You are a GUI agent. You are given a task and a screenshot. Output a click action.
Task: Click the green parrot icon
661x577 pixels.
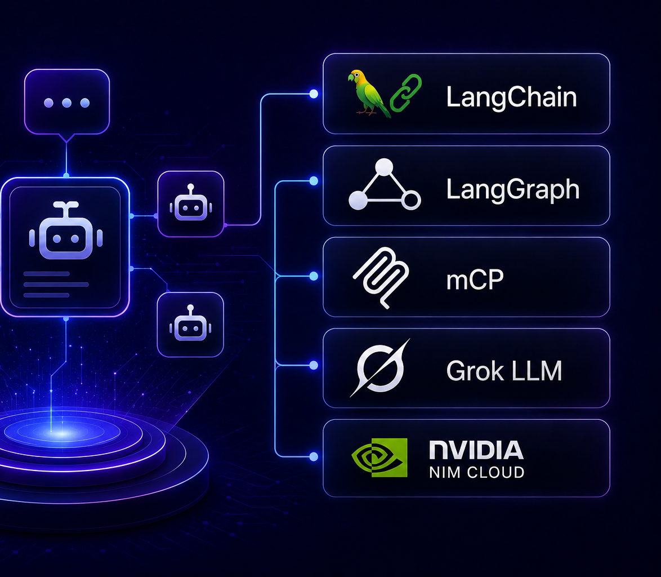coord(368,94)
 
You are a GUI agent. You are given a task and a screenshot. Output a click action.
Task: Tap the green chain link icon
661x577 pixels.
coord(406,93)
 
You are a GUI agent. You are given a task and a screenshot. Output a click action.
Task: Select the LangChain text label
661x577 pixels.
coord(511,97)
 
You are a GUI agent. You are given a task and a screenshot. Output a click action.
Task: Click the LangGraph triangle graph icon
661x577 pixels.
coord(384,185)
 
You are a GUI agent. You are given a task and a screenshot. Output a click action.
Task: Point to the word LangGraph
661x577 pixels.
coord(512,189)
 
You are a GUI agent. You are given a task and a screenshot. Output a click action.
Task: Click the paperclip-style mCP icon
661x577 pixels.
coord(381,277)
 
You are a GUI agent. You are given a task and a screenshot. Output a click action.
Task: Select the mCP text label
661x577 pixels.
coord(475,279)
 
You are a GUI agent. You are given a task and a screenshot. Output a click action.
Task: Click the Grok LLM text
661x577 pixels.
coord(504,371)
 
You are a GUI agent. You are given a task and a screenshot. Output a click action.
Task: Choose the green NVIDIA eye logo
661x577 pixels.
coord(379,458)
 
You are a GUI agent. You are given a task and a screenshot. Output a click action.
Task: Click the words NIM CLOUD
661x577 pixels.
coord(476,472)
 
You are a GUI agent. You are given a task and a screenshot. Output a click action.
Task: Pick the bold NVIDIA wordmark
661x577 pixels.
coord(476,450)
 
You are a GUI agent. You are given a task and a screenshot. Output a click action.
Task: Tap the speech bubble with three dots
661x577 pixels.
coord(67,103)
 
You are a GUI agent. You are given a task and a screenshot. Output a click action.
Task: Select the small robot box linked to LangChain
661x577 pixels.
coord(190,204)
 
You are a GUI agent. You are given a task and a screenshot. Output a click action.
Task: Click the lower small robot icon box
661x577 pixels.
coord(190,325)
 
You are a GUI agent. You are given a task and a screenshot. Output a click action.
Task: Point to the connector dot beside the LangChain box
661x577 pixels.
coord(314,94)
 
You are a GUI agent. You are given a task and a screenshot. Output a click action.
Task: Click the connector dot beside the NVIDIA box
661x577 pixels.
coord(314,456)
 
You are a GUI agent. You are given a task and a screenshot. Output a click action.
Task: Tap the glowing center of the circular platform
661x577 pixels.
coord(61,433)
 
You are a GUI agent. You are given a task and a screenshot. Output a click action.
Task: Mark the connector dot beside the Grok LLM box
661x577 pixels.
coord(314,365)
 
